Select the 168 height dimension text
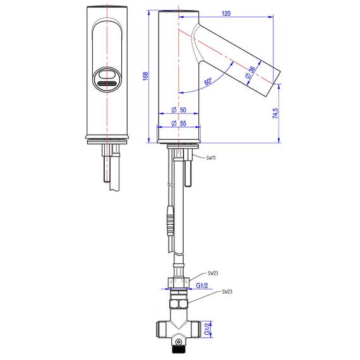[x=145, y=76]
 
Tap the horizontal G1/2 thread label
[x=203, y=285]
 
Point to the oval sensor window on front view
[x=105, y=80]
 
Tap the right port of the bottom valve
[x=203, y=330]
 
